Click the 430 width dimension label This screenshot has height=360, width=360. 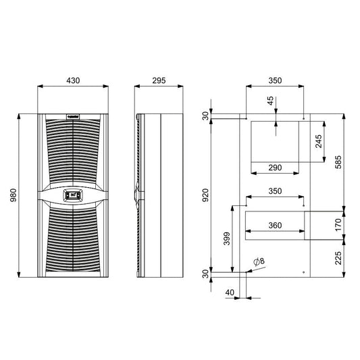73,80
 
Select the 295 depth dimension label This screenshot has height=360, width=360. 159,80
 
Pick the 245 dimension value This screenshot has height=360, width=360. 318,141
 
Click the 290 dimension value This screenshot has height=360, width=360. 275,167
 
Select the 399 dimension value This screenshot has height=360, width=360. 226,239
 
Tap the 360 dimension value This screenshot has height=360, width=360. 275,226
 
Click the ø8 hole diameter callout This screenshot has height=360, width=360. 258,261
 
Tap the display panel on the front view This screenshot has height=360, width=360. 72,195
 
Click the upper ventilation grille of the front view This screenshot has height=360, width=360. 72,152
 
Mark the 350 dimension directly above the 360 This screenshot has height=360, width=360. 275,192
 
